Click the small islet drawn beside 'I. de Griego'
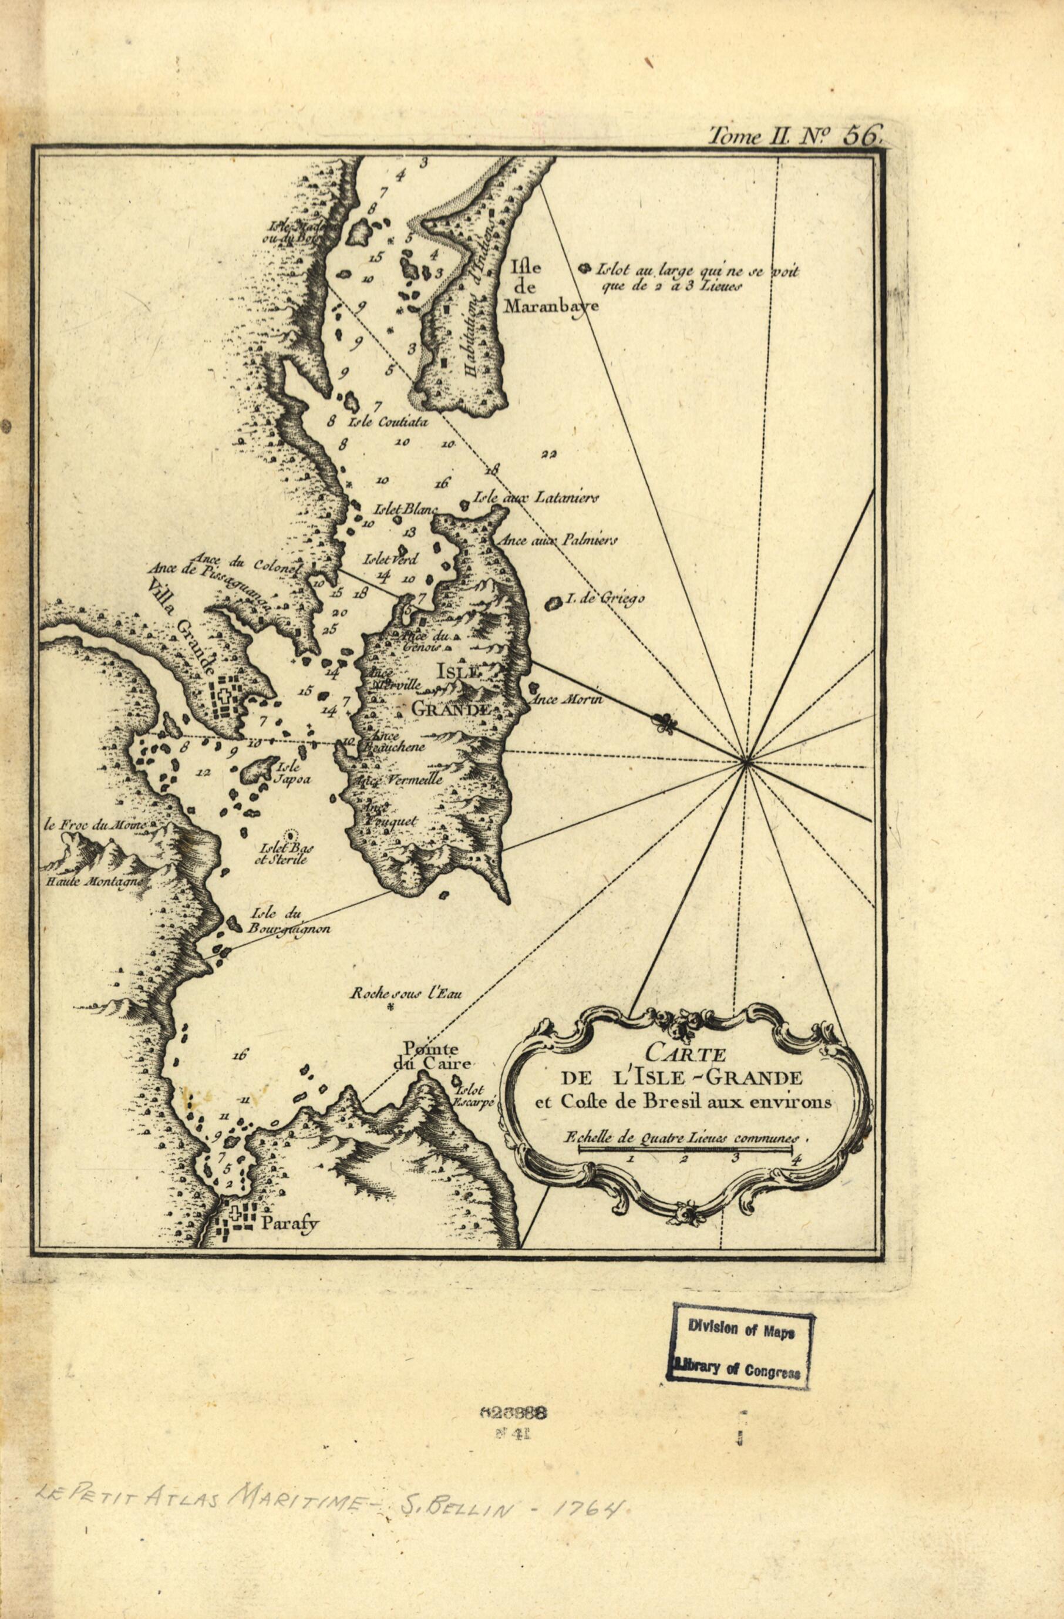coord(554,602)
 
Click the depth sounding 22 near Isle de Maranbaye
coord(549,455)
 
